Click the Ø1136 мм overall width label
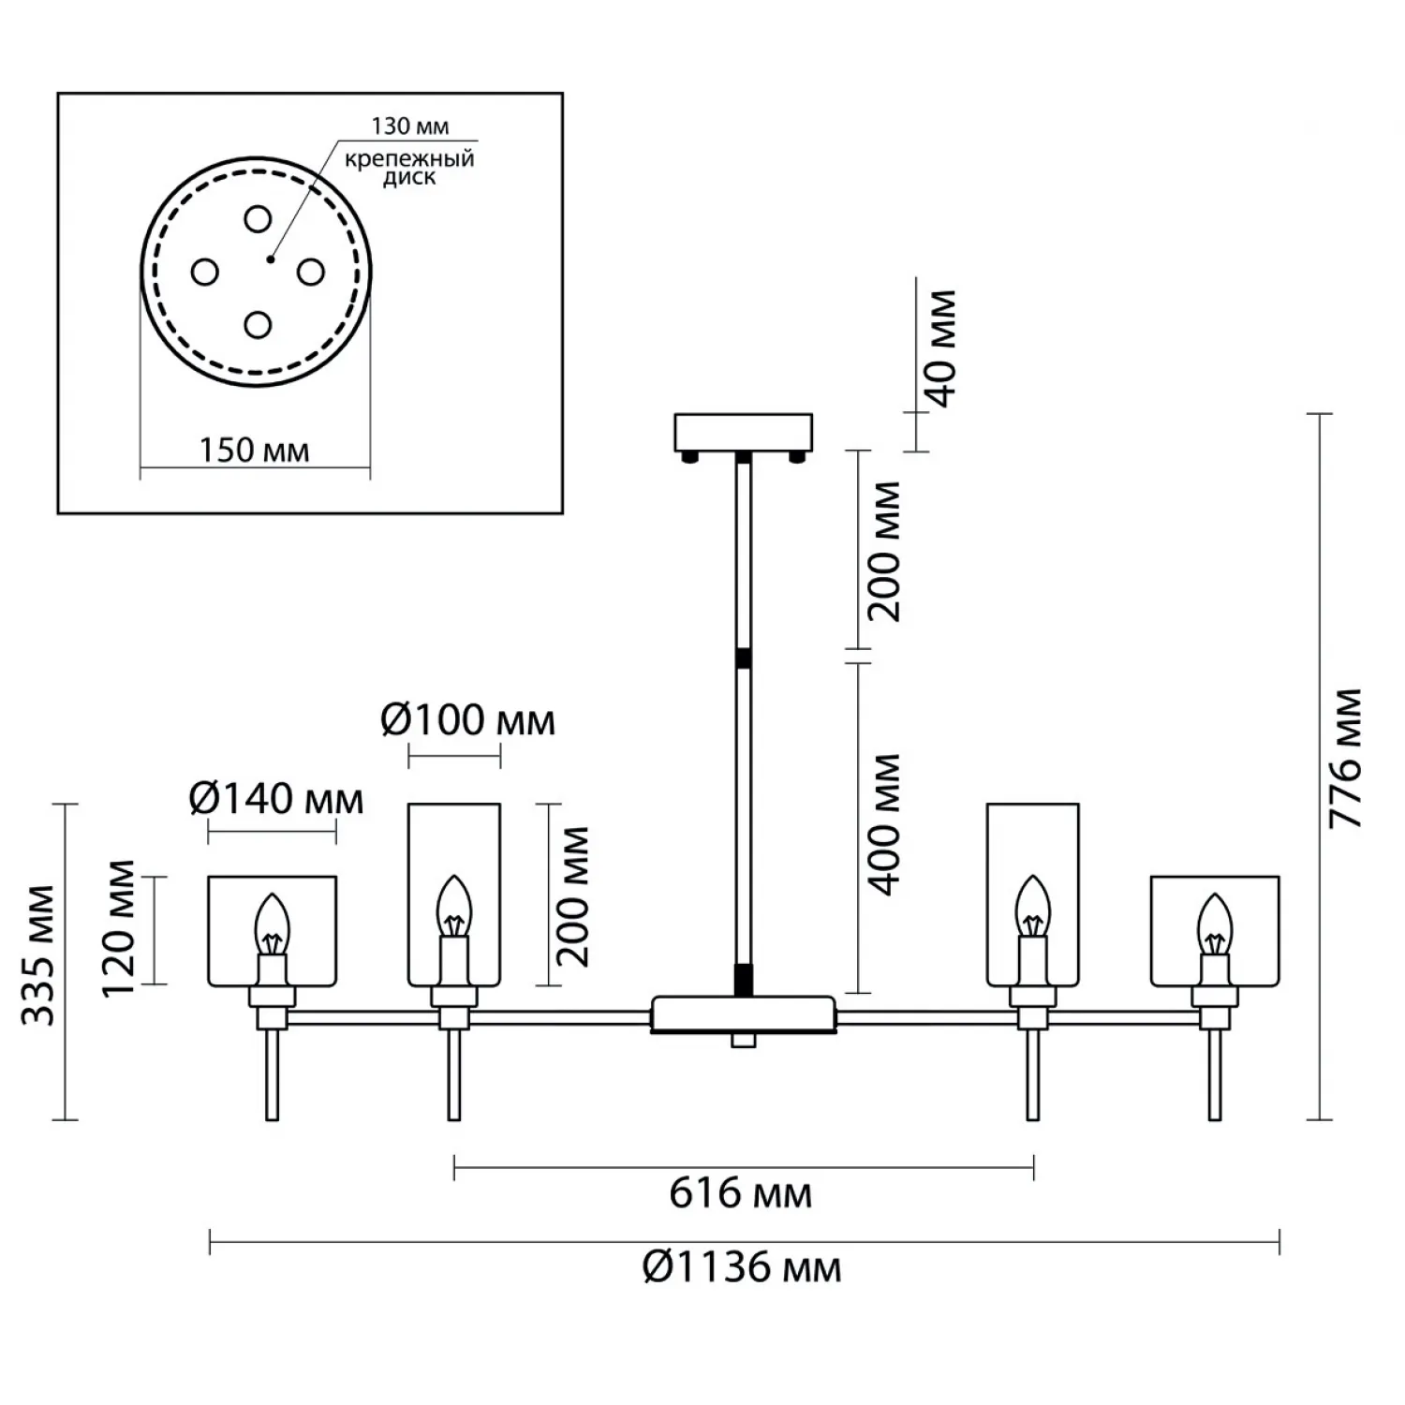point(742,1268)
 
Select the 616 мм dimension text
point(740,1194)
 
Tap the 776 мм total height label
point(1346,758)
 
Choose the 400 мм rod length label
point(882,823)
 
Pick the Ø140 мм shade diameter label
point(275,799)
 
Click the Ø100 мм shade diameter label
point(467,720)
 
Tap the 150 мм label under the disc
point(254,451)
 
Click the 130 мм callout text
point(410,126)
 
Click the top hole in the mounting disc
point(258,219)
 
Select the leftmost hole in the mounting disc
point(204,273)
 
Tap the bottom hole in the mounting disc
point(258,325)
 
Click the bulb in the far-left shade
point(273,923)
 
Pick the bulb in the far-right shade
point(1215,923)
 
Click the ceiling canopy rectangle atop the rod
point(744,431)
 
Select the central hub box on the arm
point(743,1013)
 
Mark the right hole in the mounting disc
point(310,273)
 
